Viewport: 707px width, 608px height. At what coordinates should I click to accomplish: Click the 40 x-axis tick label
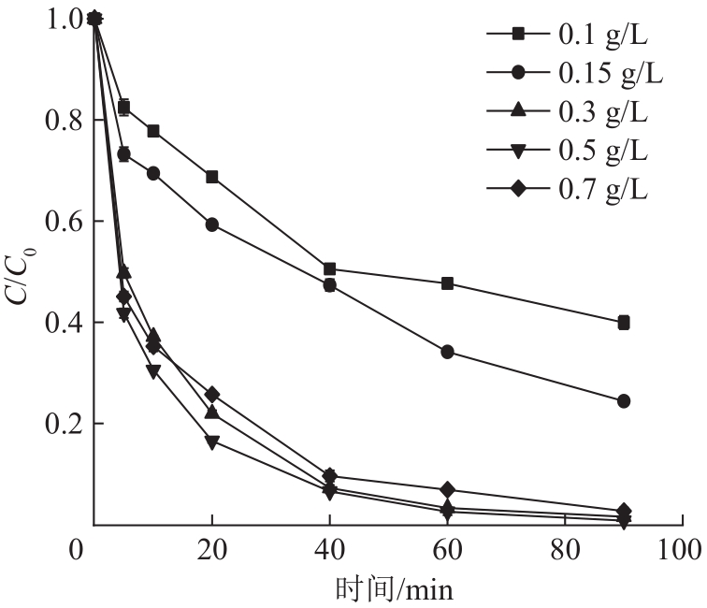coord(330,548)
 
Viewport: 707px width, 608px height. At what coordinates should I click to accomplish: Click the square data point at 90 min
coord(624,323)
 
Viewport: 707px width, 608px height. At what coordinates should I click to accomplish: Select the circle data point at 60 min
coord(447,352)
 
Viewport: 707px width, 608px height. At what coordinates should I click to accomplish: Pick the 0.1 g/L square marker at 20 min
coord(212,177)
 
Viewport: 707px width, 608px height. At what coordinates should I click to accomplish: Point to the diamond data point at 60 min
coord(447,490)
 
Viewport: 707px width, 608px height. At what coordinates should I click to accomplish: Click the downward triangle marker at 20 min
coord(212,442)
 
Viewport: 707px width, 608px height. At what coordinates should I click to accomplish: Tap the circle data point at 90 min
coord(624,401)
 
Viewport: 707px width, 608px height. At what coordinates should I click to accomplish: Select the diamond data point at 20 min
coord(212,395)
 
